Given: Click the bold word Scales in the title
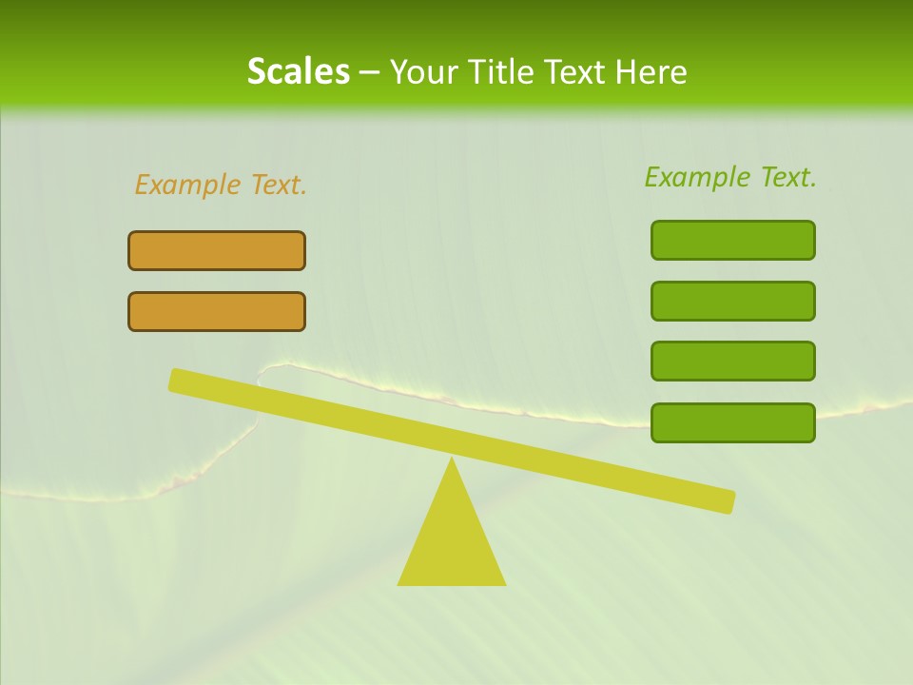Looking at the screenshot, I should tap(298, 72).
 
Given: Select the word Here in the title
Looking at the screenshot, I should tap(651, 72).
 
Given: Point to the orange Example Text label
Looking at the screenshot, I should tap(221, 185).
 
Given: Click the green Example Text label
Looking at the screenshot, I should tap(730, 177).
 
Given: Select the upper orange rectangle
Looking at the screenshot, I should tap(217, 250).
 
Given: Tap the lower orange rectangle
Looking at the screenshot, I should tap(217, 311).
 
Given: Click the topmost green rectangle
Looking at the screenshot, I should tap(732, 240).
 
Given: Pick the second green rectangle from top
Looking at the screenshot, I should tap(732, 301).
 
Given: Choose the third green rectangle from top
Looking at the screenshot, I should tap(732, 361).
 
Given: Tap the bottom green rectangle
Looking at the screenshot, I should tap(732, 422).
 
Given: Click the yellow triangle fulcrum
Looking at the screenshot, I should tap(452, 542).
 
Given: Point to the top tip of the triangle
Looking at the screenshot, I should tap(452, 460).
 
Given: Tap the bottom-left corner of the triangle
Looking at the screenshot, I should tap(399, 583).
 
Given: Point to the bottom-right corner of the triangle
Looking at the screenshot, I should tap(504, 583).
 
